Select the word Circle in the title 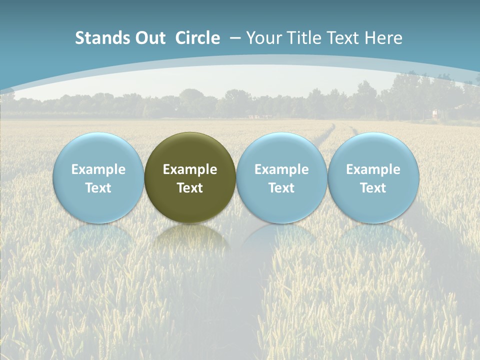click(197, 38)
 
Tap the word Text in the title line click(345, 38)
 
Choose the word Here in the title click(383, 38)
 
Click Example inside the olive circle click(190, 169)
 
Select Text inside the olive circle click(190, 188)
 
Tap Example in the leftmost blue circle click(98, 169)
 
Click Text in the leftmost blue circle click(98, 188)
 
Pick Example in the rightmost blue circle click(373, 169)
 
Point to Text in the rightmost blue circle click(373, 188)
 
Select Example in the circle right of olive click(281, 169)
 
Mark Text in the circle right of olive click(281, 188)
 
